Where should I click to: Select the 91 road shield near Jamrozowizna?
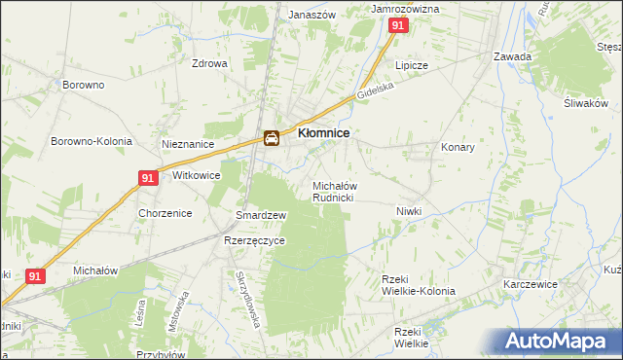(397, 27)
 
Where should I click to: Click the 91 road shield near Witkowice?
(148, 178)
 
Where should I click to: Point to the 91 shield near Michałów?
(36, 276)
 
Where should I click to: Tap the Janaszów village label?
(312, 16)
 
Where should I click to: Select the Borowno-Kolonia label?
(92, 141)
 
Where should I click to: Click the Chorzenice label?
(164, 213)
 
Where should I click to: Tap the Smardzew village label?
(261, 215)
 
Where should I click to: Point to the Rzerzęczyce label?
(254, 240)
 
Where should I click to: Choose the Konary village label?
(458, 148)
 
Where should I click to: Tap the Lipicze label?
(411, 65)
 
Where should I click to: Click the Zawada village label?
(512, 56)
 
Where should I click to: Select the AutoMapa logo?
(560, 341)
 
